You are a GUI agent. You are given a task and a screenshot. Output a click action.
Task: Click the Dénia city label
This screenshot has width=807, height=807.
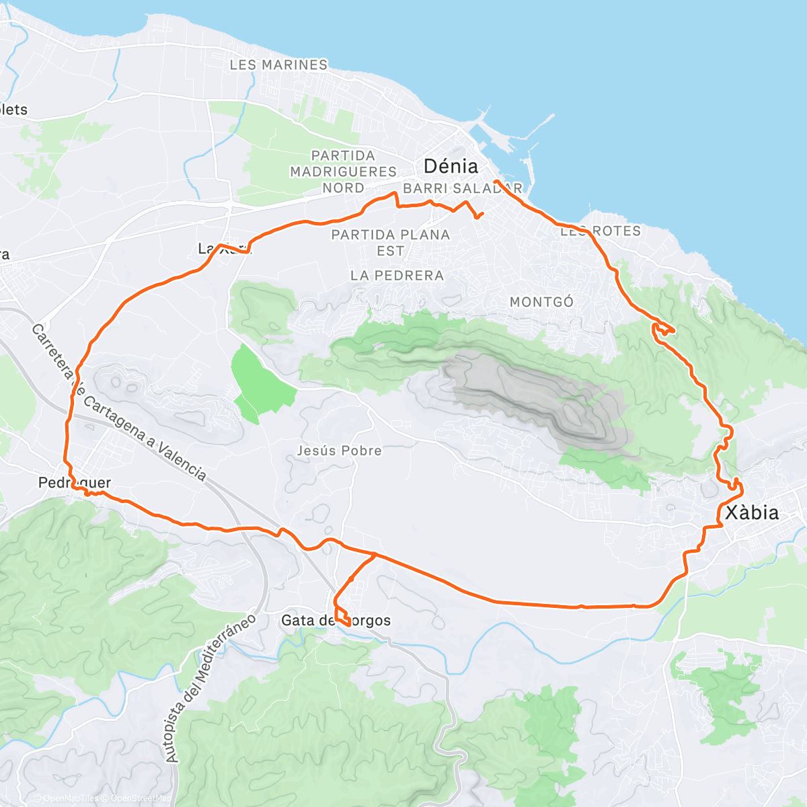pyautogui.click(x=451, y=166)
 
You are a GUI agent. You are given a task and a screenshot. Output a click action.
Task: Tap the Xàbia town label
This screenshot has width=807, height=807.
pyautogui.click(x=752, y=512)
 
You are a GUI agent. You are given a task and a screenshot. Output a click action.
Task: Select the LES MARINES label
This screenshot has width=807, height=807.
pyautogui.click(x=278, y=65)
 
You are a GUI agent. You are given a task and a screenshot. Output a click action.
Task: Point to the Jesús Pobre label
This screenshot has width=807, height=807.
pyautogui.click(x=339, y=451)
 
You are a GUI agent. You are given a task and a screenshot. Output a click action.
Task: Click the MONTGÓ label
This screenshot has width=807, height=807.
pyautogui.click(x=541, y=302)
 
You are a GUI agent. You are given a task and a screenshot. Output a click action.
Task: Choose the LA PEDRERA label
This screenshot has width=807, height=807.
pyautogui.click(x=397, y=275)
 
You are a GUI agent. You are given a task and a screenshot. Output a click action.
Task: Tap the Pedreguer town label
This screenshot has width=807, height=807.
pyautogui.click(x=74, y=483)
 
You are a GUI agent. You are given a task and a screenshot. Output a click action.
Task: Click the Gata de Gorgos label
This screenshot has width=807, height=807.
pyautogui.click(x=336, y=620)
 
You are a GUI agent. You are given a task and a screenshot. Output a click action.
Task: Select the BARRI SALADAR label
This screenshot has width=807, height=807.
pyautogui.click(x=463, y=188)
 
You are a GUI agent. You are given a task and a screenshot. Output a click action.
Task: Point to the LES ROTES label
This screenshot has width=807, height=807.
pyautogui.click(x=601, y=231)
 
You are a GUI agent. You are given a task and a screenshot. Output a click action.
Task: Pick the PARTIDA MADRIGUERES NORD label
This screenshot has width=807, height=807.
pyautogui.click(x=343, y=171)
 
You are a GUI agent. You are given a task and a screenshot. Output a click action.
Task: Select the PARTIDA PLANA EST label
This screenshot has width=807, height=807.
pyautogui.click(x=390, y=242)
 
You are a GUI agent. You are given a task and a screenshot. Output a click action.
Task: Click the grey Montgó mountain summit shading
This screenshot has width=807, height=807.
pyautogui.click(x=538, y=397)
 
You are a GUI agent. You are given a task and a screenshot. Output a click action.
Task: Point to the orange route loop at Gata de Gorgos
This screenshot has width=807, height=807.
pyautogui.click(x=342, y=615)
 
